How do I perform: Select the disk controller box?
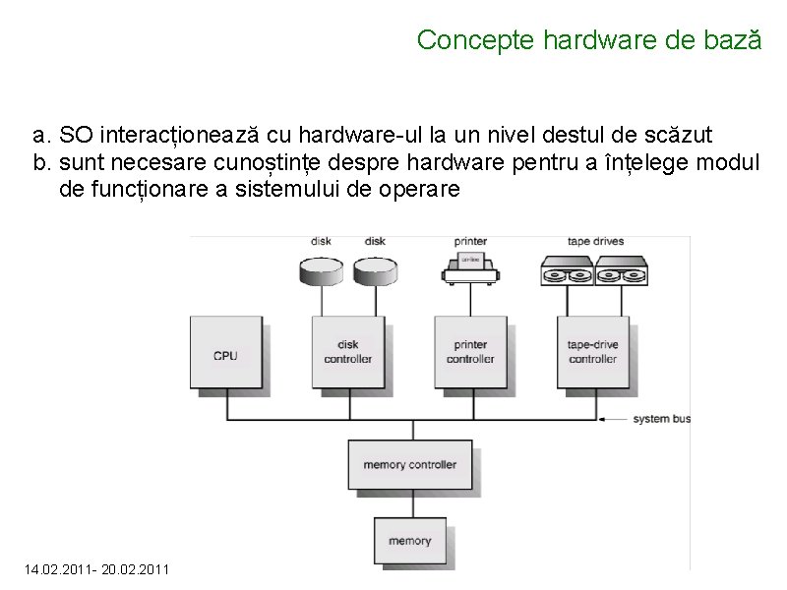point(348,353)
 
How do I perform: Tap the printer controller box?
point(470,353)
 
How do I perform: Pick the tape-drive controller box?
point(593,353)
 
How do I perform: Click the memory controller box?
point(409,464)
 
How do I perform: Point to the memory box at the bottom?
point(409,540)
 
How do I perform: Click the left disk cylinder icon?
point(322,267)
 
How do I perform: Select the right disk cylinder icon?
point(375,267)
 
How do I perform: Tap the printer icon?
point(470,267)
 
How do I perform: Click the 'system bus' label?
point(661,419)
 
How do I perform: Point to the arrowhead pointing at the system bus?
point(604,419)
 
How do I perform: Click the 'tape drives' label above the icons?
point(595,242)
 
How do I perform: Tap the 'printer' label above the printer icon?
point(470,242)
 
